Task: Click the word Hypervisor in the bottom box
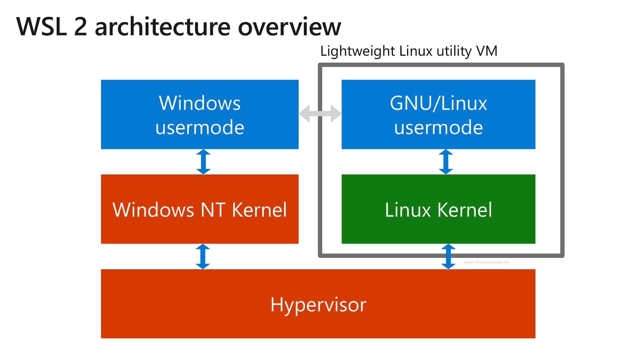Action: (318, 305)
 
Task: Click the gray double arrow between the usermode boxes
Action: (320, 114)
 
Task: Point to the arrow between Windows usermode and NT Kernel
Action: (203, 162)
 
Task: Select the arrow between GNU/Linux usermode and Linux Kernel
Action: (446, 162)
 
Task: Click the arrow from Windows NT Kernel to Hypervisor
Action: (203, 256)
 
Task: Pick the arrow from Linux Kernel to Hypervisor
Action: (448, 256)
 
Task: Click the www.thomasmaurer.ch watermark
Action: (486, 262)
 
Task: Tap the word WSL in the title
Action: (42, 27)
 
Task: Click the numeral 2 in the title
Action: (81, 27)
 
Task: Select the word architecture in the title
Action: (163, 27)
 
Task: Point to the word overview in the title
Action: (289, 27)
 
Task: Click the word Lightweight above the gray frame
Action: (357, 51)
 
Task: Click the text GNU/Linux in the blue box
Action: (438, 103)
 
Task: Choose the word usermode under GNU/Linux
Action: (438, 127)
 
